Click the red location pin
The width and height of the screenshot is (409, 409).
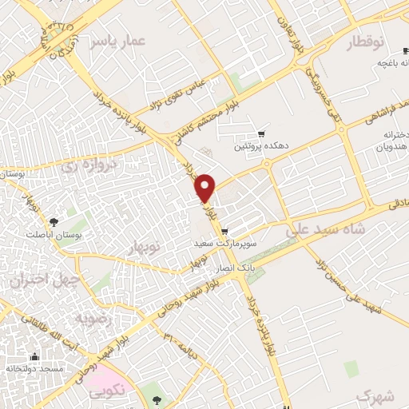(x=206, y=187)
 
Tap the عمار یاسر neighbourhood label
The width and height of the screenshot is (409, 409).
(x=117, y=40)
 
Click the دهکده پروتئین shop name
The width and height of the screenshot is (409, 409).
(x=260, y=146)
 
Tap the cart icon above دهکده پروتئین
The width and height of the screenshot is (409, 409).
(x=260, y=133)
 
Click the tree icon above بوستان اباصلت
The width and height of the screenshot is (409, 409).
(x=53, y=221)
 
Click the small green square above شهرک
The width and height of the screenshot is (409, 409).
(x=351, y=368)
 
